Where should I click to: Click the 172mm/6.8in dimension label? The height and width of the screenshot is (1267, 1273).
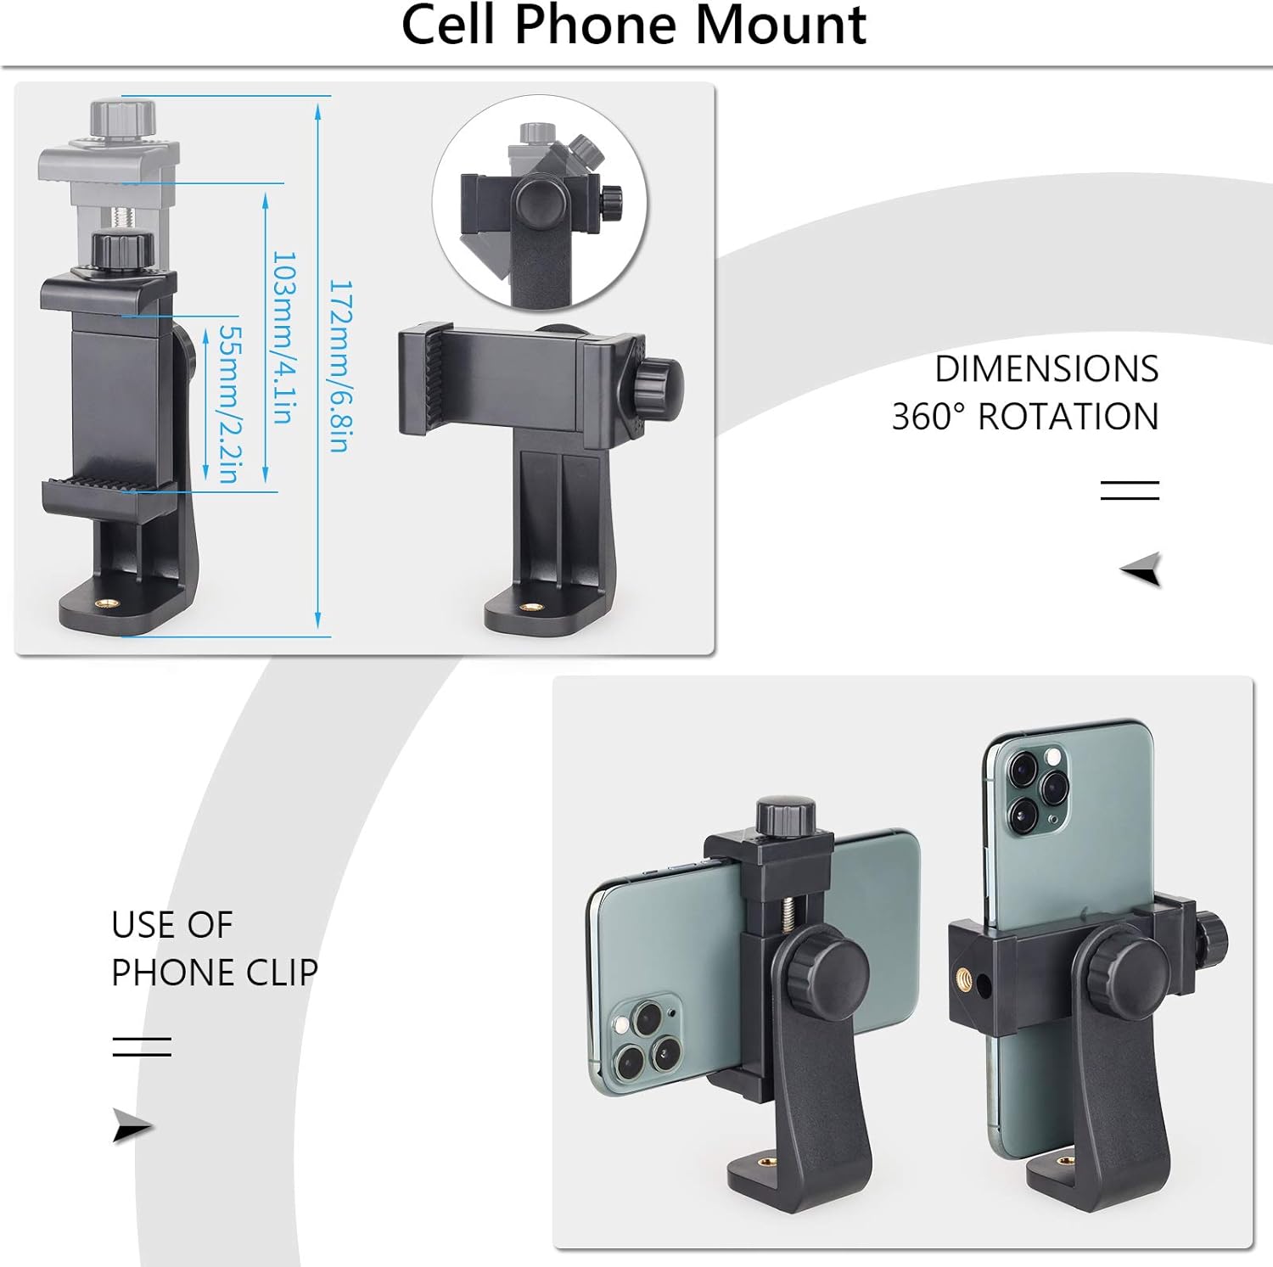click(339, 366)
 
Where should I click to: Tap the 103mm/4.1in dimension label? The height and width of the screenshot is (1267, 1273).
click(283, 337)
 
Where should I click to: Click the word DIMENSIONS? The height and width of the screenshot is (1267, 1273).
click(1046, 369)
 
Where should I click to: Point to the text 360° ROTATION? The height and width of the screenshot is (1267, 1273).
click(1025, 417)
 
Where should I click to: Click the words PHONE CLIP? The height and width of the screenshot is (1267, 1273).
click(215, 973)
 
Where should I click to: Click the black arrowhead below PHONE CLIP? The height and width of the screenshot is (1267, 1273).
click(132, 1126)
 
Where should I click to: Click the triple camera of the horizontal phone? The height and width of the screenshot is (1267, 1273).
click(646, 1040)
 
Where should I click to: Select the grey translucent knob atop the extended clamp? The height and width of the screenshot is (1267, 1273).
click(124, 116)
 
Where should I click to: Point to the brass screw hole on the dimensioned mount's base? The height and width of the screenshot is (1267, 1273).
click(107, 603)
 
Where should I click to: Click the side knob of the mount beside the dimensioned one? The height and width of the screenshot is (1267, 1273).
click(659, 388)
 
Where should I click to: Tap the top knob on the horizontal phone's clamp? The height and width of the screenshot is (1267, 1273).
click(786, 816)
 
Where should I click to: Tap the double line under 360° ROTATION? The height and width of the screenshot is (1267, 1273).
click(1130, 490)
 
